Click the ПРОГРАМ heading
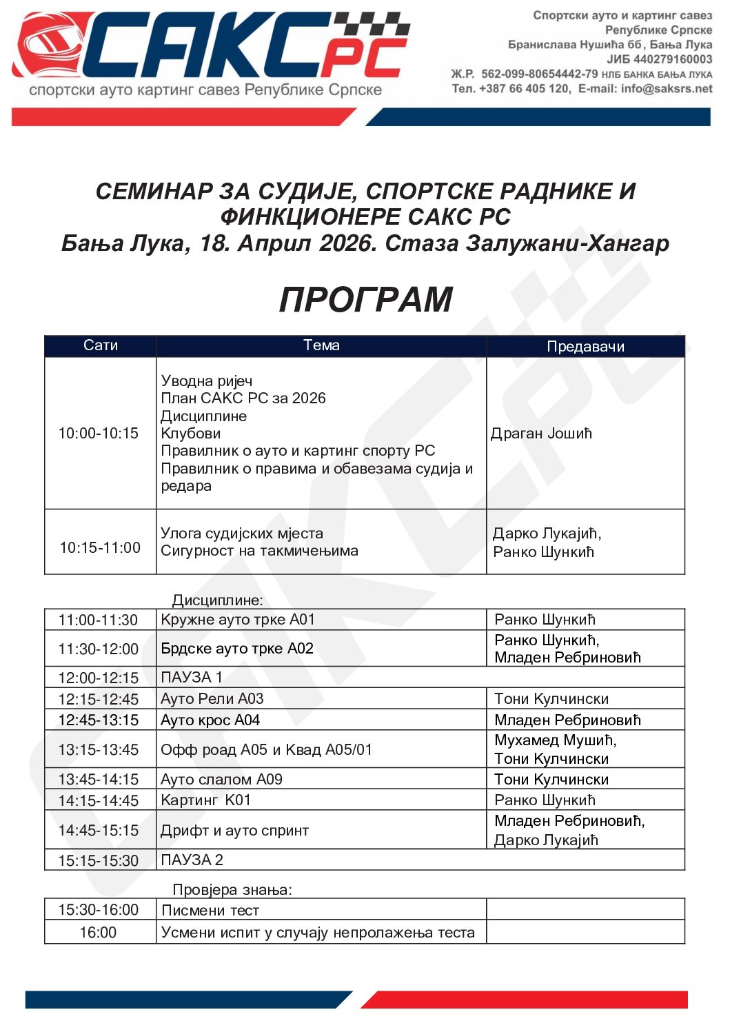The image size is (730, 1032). click(365, 300)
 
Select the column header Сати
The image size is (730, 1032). click(101, 345)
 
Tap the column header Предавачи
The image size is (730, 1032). click(585, 346)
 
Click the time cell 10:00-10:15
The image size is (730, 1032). click(99, 433)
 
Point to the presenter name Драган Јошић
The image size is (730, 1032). click(541, 434)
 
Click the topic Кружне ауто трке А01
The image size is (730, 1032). click(238, 620)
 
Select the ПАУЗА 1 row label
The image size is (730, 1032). click(192, 677)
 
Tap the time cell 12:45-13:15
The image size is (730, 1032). click(99, 720)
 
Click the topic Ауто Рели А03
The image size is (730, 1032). click(212, 698)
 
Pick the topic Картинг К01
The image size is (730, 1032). click(205, 800)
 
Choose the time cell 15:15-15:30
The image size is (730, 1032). click(99, 860)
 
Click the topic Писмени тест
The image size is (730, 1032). click(210, 911)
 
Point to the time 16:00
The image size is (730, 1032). click(98, 933)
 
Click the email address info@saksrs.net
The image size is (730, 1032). click(666, 88)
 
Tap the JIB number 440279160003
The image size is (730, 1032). click(673, 59)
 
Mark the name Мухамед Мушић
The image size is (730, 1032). click(555, 740)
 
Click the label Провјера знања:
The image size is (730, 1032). click(232, 890)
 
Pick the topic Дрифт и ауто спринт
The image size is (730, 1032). click(234, 831)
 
